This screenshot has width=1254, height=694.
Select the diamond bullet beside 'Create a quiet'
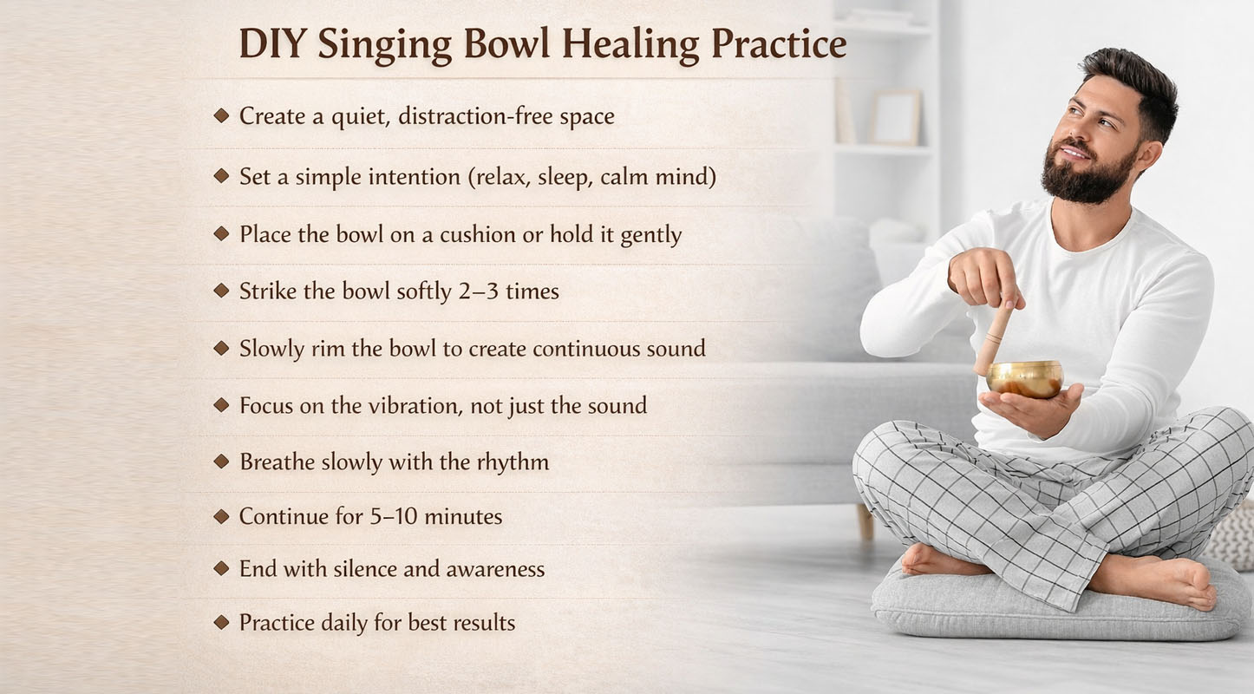221,115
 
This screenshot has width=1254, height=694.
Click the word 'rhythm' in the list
513,462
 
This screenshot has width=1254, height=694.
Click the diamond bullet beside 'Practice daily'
221,622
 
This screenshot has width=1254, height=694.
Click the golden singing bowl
1024,378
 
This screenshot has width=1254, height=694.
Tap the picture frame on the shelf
895,116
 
